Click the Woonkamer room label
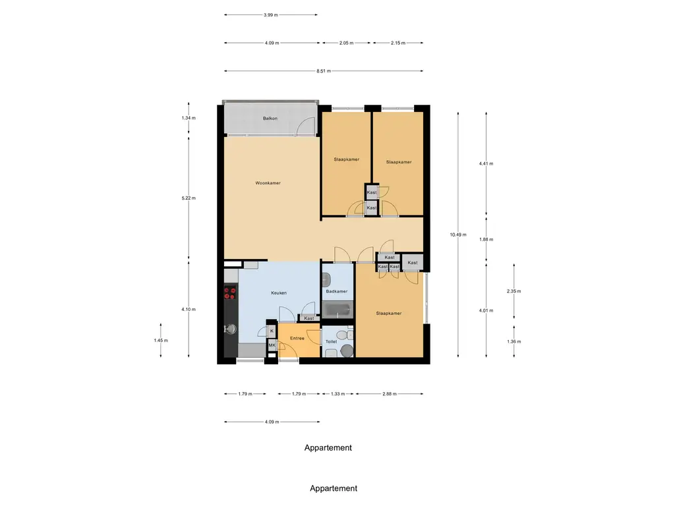[268, 183]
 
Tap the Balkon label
[270, 119]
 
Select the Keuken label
[279, 293]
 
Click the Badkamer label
[337, 291]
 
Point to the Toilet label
[331, 342]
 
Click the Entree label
[297, 338]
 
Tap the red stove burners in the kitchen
[230, 293]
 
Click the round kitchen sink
[231, 329]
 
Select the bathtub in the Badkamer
[337, 310]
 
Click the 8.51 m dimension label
[324, 71]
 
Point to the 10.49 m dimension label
[458, 235]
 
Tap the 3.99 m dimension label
[271, 15]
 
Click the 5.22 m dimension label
[189, 198]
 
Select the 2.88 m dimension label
[390, 394]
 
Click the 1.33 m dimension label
[338, 394]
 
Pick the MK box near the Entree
[272, 345]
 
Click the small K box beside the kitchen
[272, 331]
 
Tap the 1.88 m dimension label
[486, 240]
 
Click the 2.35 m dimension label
[514, 291]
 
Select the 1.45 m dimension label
[161, 341]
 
